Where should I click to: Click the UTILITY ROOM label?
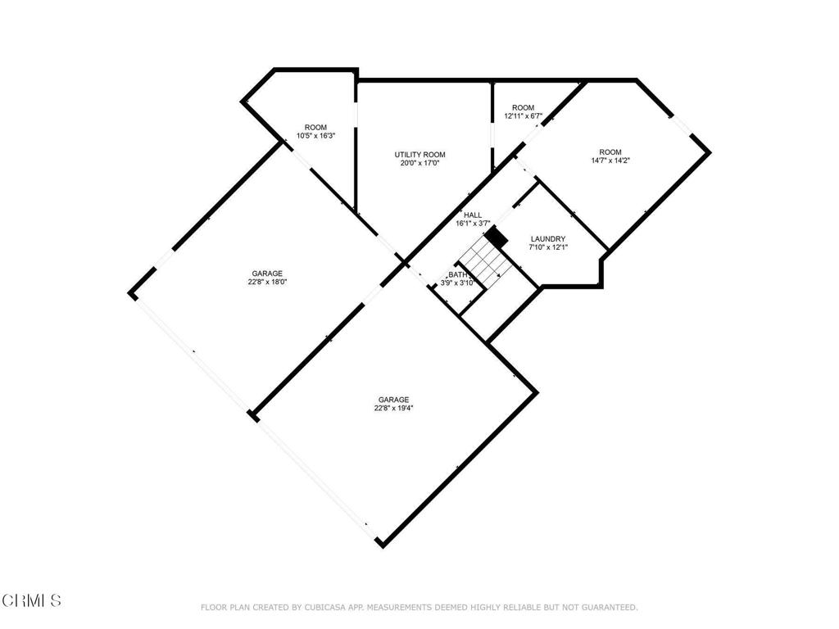click(419, 155)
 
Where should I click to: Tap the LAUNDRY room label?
click(548, 239)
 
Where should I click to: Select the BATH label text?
click(457, 275)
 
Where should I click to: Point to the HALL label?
click(473, 215)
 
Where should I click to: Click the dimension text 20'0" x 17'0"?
click(419, 164)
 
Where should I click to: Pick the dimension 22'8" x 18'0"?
click(267, 283)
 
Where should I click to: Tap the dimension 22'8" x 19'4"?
click(393, 408)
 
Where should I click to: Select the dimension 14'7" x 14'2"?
click(610, 161)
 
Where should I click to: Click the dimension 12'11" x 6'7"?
click(523, 116)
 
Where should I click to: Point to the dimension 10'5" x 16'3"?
click(315, 136)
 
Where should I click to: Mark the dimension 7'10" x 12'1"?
click(548, 247)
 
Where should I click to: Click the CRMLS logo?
click(31, 601)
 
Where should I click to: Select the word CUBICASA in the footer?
click(317, 607)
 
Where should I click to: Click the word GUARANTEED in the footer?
click(607, 607)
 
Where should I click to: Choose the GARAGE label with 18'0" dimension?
click(267, 274)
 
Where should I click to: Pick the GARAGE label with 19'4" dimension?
click(393, 399)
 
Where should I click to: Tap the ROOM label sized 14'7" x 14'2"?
click(610, 152)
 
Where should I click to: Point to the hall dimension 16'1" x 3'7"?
click(473, 224)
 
